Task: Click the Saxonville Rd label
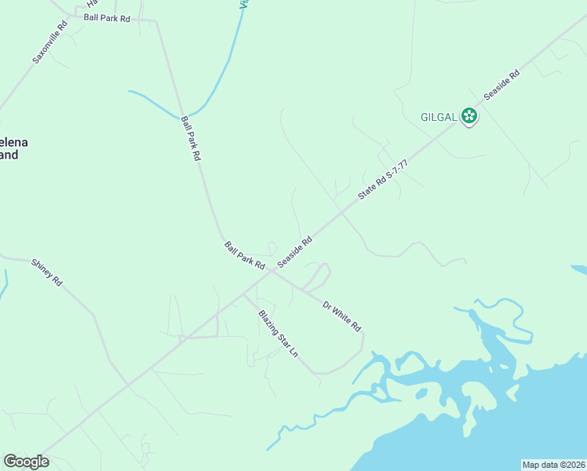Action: pos(50,42)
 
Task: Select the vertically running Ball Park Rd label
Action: pos(191,139)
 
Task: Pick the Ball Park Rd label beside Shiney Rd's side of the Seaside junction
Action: pos(245,256)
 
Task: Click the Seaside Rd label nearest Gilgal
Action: pos(501,85)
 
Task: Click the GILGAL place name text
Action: pos(438,117)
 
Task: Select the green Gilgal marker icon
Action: pos(469,117)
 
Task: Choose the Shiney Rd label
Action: pos(46,272)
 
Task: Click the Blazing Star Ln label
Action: pos(279,334)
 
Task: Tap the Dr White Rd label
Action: pos(341,314)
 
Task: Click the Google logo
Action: pos(26,462)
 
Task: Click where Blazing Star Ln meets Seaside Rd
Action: pos(244,294)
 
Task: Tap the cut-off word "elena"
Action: pos(11,142)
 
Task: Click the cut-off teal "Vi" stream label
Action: pos(244,4)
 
